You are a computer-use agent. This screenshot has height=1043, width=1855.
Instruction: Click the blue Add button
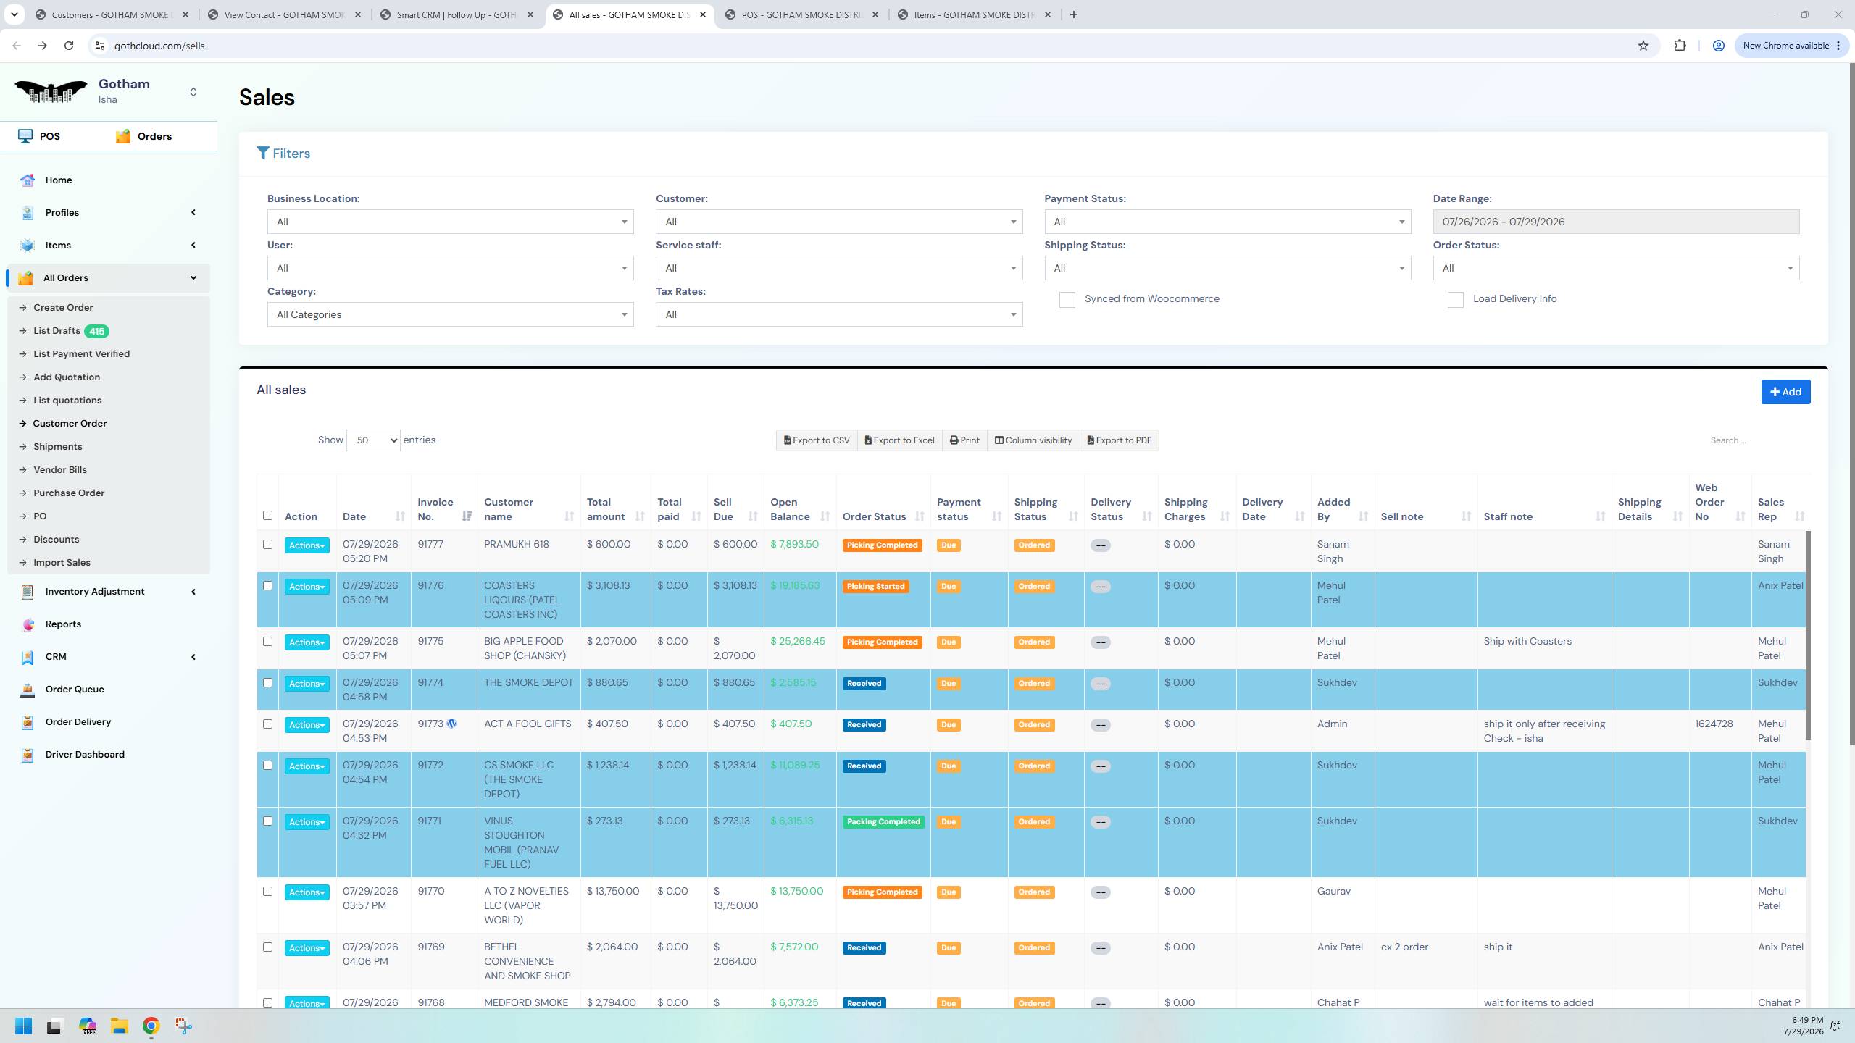click(x=1785, y=392)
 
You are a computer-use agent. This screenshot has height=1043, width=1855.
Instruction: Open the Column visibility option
click(x=1033, y=440)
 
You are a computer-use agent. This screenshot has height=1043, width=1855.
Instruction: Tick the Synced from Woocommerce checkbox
click(x=1067, y=300)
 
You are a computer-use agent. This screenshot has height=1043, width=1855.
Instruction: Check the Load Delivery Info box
click(x=1455, y=300)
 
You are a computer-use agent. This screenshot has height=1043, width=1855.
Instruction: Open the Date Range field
click(x=1616, y=222)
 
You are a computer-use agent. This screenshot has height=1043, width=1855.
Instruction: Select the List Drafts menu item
click(x=57, y=331)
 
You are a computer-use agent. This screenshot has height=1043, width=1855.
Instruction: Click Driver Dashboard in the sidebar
click(x=85, y=755)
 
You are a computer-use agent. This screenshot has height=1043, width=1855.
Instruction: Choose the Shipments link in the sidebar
click(x=58, y=447)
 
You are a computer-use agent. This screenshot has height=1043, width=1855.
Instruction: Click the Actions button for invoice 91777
click(x=307, y=545)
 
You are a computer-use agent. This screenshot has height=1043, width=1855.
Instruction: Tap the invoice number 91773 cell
click(x=430, y=724)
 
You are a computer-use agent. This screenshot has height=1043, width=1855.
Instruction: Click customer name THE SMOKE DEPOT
click(x=529, y=683)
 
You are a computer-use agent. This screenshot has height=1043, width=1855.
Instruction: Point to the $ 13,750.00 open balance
click(x=797, y=892)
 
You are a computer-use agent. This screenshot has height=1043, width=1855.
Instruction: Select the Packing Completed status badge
click(x=883, y=822)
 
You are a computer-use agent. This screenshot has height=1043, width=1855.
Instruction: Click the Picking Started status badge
click(x=875, y=587)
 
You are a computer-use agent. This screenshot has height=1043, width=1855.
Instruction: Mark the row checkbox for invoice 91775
click(x=267, y=642)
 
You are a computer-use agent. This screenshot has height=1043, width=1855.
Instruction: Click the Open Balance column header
click(x=790, y=509)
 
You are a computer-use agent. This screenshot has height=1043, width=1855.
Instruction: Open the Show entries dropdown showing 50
click(x=373, y=440)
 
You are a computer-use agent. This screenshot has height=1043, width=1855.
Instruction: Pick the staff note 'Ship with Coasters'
click(x=1527, y=642)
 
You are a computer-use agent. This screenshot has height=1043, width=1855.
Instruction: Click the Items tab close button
click(x=1047, y=14)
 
